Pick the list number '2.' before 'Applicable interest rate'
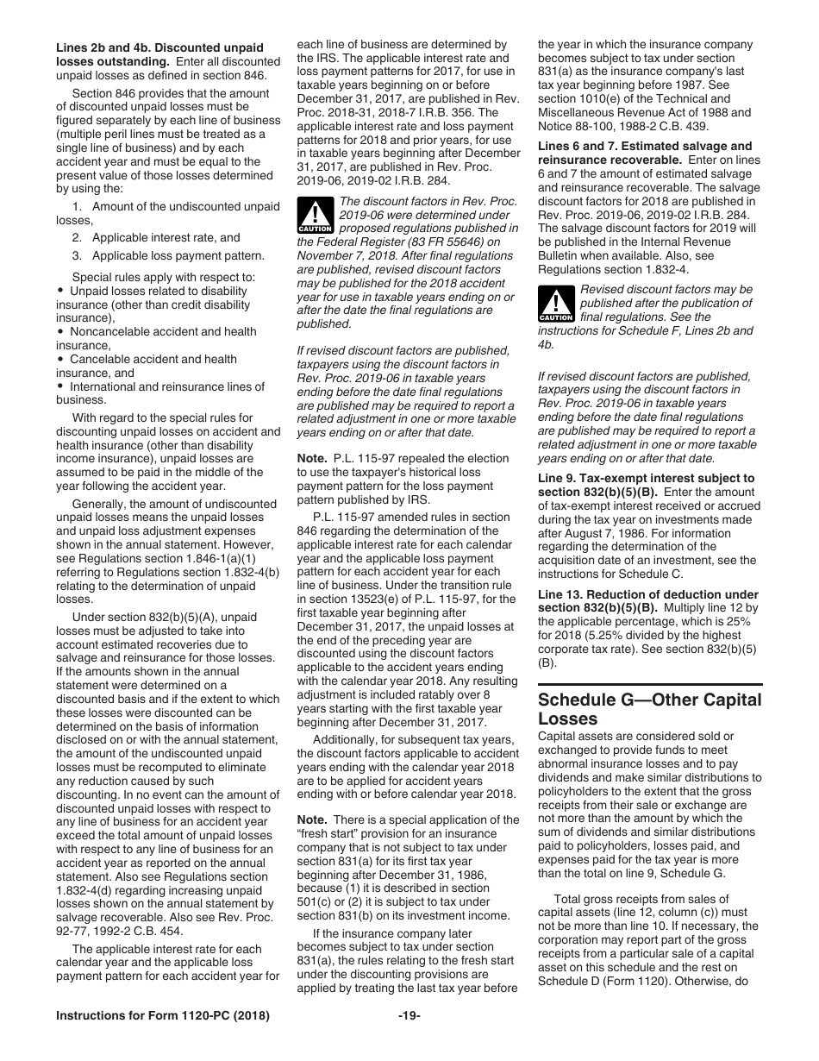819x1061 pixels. tap(78, 237)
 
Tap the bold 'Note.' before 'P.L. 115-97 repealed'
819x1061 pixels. tap(312, 458)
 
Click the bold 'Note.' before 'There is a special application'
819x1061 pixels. tap(312, 819)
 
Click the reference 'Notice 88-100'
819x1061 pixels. tap(572, 126)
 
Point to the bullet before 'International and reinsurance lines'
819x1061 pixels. tap(60, 386)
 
